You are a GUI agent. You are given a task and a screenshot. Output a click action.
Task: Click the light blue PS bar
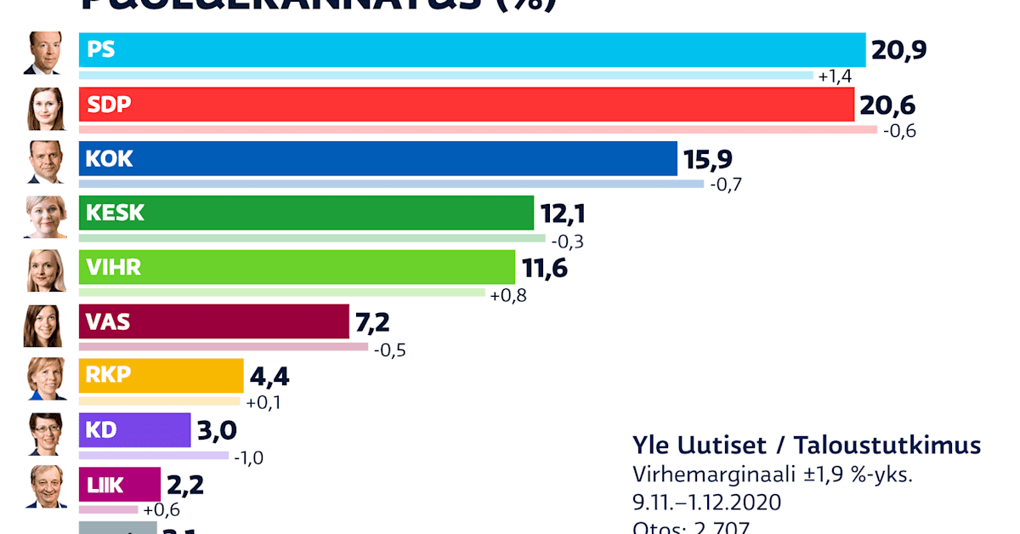[x=472, y=50]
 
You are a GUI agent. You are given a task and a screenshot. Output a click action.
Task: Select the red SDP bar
[x=466, y=105]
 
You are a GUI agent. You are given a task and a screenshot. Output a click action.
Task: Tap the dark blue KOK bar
[x=378, y=159]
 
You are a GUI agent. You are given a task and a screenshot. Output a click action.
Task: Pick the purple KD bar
[x=134, y=430]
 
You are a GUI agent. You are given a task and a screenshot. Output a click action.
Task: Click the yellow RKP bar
[x=161, y=376]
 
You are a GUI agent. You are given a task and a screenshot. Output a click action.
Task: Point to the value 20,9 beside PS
[x=898, y=51]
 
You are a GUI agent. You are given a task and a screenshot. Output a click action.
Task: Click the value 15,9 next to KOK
[x=707, y=159]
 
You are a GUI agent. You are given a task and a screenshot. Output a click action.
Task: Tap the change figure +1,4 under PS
[x=835, y=77]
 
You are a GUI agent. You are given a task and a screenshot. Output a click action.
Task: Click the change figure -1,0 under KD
[x=247, y=457]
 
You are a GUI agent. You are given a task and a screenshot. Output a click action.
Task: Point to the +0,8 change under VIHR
[x=508, y=295]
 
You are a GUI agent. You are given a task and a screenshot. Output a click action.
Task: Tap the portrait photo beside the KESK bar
[x=43, y=216]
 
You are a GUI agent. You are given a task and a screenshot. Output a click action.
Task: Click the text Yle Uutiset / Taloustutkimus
[x=806, y=445]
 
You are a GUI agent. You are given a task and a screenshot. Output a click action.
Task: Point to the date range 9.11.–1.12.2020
[x=706, y=502]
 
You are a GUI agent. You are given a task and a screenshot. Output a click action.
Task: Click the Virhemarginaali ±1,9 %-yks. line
[x=772, y=474]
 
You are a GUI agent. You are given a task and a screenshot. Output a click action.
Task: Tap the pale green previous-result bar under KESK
[x=312, y=238]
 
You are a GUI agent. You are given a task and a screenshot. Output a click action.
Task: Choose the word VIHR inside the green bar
[x=114, y=268]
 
